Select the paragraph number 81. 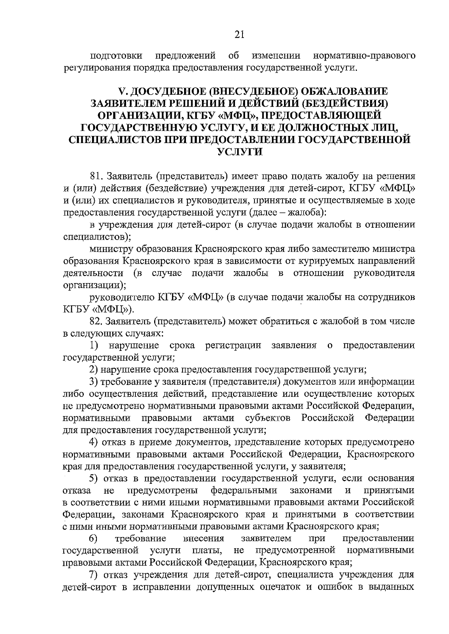[x=97, y=176]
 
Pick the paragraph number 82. [x=97, y=321]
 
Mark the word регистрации [x=233, y=345]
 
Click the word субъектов [x=268, y=418]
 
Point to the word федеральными [x=244, y=490]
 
